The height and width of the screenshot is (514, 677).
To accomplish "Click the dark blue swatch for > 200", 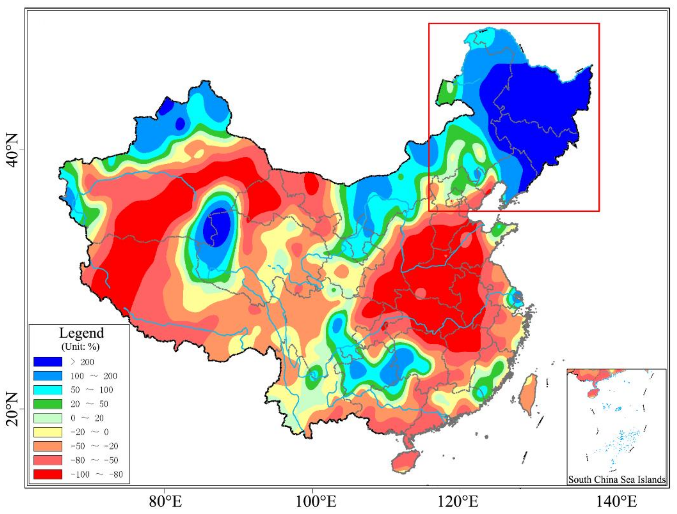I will (48, 362).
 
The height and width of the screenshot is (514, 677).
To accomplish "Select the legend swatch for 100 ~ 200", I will (48, 376).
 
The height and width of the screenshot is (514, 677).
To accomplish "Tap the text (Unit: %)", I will (81, 347).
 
